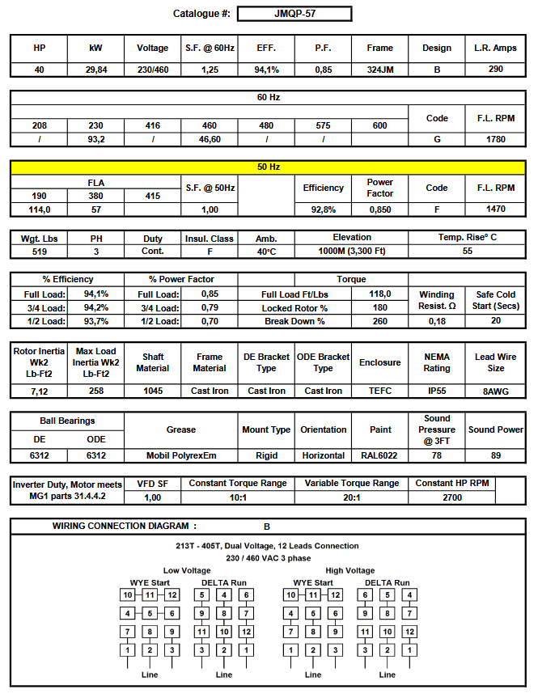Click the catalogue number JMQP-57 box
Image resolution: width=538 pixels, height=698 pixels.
click(294, 14)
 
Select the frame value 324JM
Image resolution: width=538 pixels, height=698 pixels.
click(379, 70)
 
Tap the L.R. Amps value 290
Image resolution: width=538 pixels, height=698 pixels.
click(496, 70)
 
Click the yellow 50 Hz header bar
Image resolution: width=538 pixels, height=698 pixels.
click(268, 167)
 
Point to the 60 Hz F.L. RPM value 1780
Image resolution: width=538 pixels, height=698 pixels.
click(496, 139)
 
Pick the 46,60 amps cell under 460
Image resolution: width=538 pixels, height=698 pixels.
click(210, 139)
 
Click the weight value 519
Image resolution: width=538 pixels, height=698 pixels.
click(40, 252)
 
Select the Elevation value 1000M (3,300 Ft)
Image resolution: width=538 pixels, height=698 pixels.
click(352, 252)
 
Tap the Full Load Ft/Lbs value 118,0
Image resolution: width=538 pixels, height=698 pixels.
click(380, 294)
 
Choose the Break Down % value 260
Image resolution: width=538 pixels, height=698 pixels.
click(380, 321)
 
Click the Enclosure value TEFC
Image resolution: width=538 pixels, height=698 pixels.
click(379, 391)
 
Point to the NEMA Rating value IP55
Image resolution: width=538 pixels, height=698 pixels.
click(437, 391)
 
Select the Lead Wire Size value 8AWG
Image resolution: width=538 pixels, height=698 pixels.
click(496, 391)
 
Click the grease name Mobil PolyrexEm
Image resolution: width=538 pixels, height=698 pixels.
click(181, 455)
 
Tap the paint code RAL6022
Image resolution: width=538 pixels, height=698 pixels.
click(379, 455)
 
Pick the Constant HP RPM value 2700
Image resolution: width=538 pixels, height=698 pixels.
click(451, 497)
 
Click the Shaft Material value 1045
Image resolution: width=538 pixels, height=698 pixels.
click(152, 391)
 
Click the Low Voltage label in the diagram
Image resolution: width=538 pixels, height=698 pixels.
click(187, 570)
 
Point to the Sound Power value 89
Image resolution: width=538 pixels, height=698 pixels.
click(496, 455)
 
